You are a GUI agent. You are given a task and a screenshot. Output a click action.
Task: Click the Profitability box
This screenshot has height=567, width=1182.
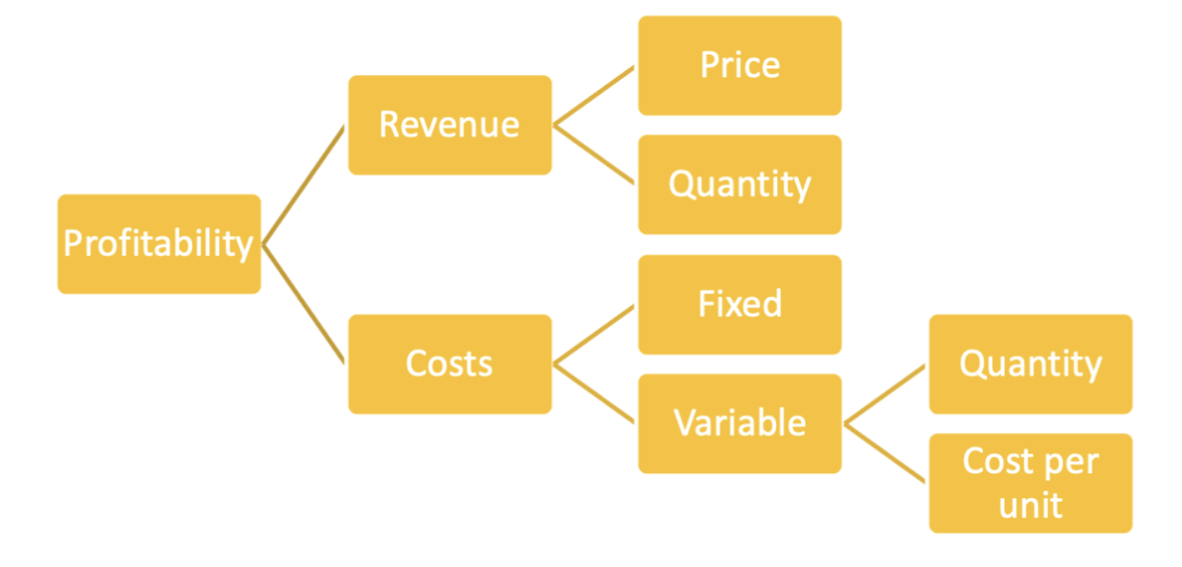[159, 244]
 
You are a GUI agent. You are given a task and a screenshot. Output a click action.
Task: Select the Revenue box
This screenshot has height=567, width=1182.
[450, 125]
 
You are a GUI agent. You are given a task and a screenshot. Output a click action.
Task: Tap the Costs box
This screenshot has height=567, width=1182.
[450, 364]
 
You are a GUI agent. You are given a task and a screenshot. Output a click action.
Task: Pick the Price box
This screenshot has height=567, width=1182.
[739, 65]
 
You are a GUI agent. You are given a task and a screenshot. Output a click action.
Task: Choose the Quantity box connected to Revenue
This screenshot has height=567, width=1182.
[739, 185]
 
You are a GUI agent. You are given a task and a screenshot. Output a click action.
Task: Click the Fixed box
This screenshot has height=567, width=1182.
[739, 305]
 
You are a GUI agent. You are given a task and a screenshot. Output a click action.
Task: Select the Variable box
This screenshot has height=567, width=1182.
[739, 424]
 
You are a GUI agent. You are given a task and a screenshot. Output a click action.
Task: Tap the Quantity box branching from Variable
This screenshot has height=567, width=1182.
[1031, 364]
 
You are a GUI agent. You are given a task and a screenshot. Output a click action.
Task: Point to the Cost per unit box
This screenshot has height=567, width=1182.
[1031, 484]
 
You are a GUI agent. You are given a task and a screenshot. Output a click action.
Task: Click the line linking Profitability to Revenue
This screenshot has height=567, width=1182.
[303, 185]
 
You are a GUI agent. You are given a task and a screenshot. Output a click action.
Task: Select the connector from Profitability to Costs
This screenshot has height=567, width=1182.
[303, 304]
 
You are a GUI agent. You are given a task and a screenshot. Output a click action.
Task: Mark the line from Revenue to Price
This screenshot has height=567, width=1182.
[595, 96]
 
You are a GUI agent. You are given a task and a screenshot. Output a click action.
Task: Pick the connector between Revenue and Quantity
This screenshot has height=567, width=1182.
[595, 155]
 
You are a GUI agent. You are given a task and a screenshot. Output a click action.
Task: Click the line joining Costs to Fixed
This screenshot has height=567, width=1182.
[595, 334]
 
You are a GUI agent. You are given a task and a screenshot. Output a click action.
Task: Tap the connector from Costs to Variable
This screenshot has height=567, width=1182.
[595, 394]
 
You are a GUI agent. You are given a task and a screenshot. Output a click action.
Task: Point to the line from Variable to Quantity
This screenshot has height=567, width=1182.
[885, 394]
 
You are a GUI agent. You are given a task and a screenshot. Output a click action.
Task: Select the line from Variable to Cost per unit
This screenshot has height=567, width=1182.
[885, 453]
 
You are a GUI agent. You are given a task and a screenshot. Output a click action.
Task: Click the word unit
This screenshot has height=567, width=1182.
[1031, 505]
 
